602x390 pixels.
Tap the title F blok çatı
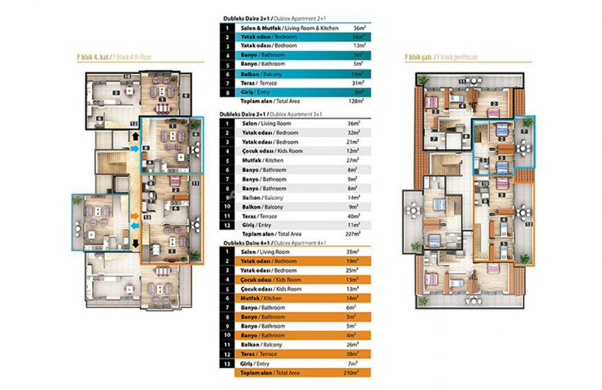[422, 56]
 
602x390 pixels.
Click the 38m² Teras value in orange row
[359, 353]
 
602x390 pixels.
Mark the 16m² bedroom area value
[359, 35]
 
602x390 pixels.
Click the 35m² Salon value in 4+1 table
[359, 252]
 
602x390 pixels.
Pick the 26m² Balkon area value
[359, 344]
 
